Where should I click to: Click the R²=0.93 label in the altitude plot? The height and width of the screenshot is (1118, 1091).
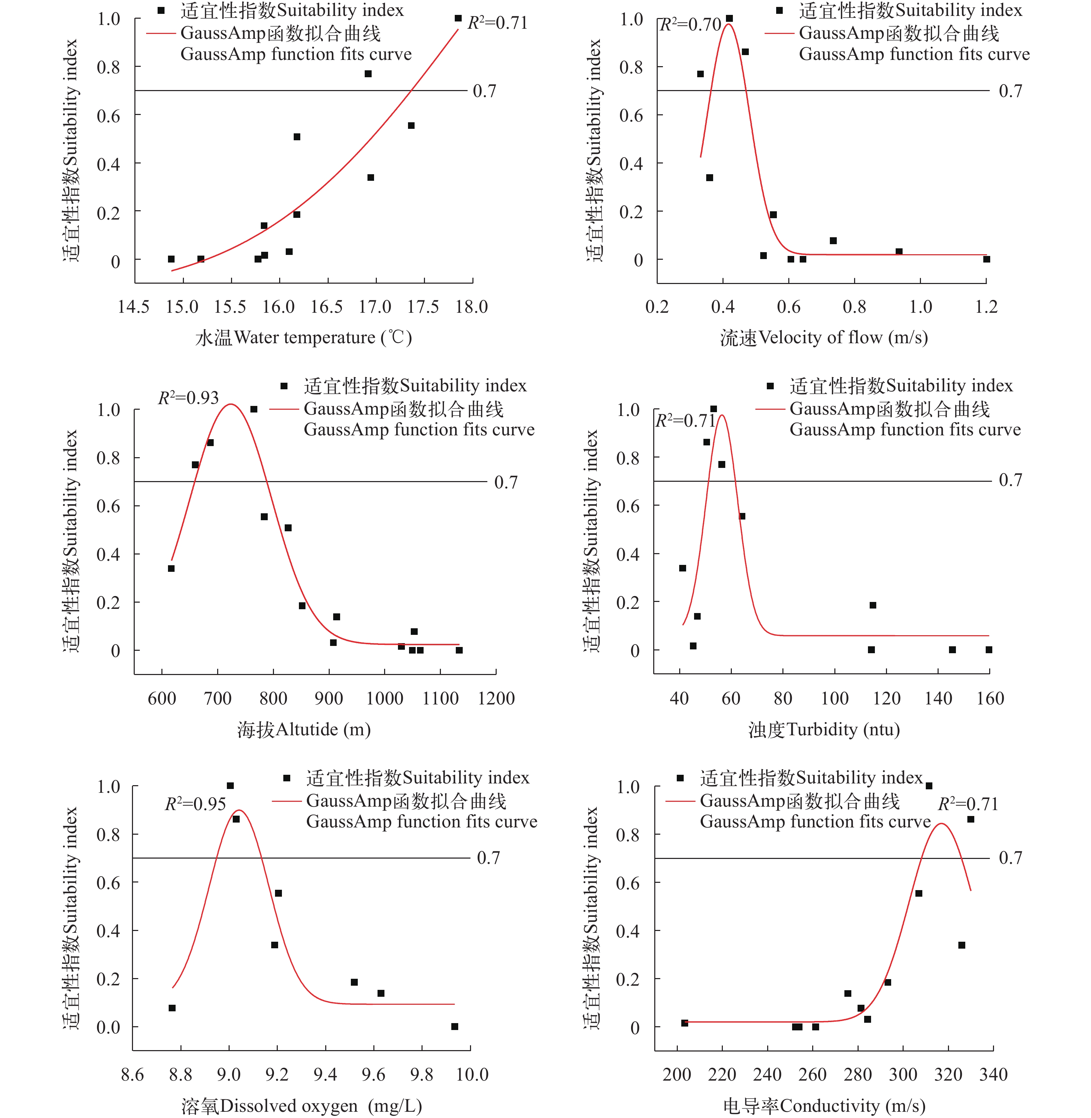click(x=188, y=398)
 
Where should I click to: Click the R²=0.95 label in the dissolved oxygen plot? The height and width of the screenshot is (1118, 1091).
click(x=195, y=804)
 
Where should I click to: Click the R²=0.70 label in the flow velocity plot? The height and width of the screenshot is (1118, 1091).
click(x=691, y=25)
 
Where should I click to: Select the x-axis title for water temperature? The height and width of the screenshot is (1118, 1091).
click(x=304, y=338)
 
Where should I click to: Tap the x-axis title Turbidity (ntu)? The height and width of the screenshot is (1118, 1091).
click(x=824, y=729)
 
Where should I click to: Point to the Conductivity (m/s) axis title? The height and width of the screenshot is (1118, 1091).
click(x=824, y=1106)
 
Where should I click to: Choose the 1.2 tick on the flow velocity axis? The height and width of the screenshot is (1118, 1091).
click(x=986, y=307)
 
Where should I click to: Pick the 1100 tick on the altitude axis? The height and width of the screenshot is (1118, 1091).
click(x=440, y=699)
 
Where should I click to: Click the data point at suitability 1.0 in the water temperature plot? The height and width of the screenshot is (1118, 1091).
click(x=458, y=18)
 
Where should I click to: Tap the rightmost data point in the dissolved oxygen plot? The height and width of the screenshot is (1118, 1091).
click(x=454, y=1026)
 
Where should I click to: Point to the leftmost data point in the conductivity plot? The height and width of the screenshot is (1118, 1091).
click(x=684, y=1023)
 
